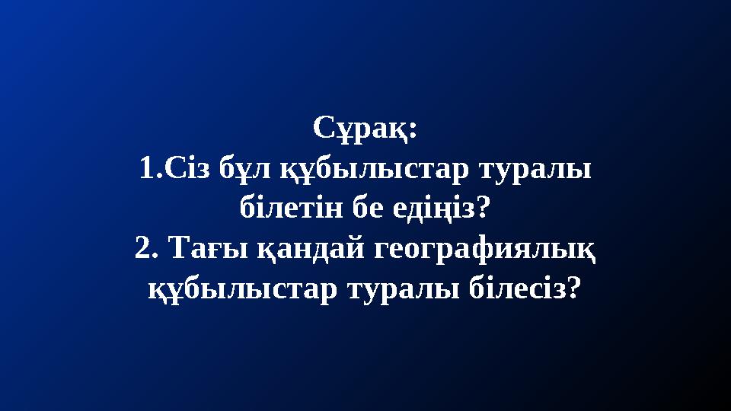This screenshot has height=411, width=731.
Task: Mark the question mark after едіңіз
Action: click(483, 207)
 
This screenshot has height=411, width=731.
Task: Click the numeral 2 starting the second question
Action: click(142, 247)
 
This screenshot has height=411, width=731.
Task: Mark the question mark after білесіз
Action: click(575, 286)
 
